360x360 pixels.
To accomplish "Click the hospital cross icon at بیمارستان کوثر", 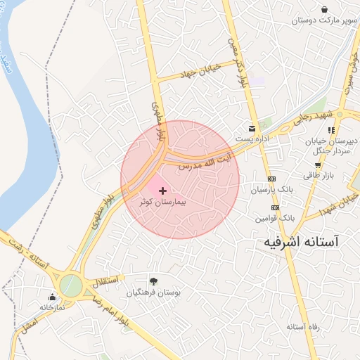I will pos(163,191).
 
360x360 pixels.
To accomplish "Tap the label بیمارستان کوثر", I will pos(163,202).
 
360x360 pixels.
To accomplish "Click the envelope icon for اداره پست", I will pos(252,127).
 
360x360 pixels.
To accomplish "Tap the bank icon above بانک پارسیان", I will pos(274,179).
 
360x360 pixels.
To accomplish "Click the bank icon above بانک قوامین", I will pos(274,207).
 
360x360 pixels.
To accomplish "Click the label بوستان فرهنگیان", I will pos(154,292).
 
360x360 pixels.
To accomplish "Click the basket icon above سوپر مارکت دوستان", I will pos(324,9).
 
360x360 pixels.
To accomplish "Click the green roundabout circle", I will pos(70,285).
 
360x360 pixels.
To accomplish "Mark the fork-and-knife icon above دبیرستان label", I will pos(331,129).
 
